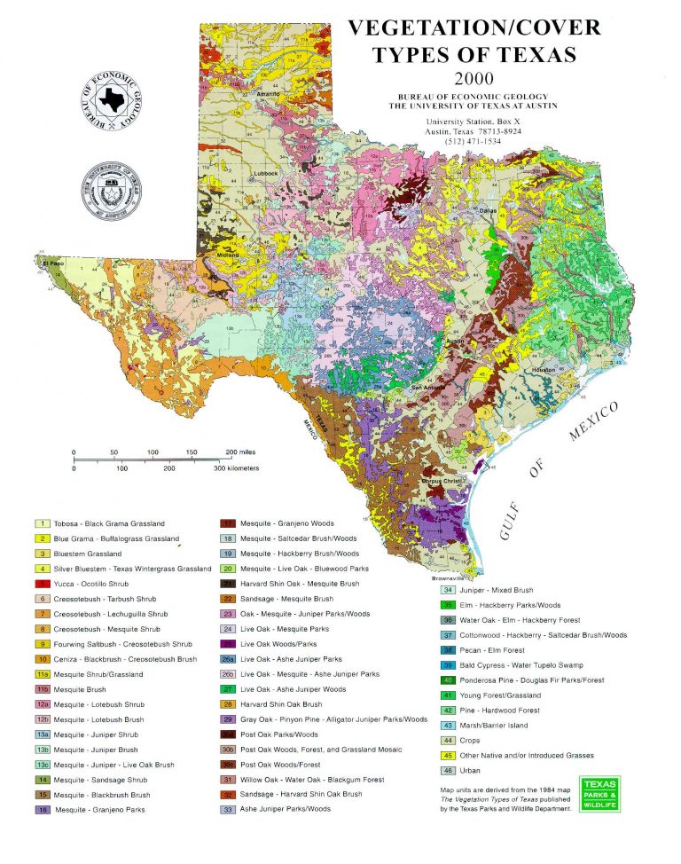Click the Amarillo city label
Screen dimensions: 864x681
[x=267, y=93]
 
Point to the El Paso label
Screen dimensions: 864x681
[x=52, y=263]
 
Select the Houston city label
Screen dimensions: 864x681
[x=544, y=369]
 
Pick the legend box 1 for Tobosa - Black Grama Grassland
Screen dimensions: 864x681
[x=41, y=523]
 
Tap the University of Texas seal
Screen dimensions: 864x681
[x=112, y=190]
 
